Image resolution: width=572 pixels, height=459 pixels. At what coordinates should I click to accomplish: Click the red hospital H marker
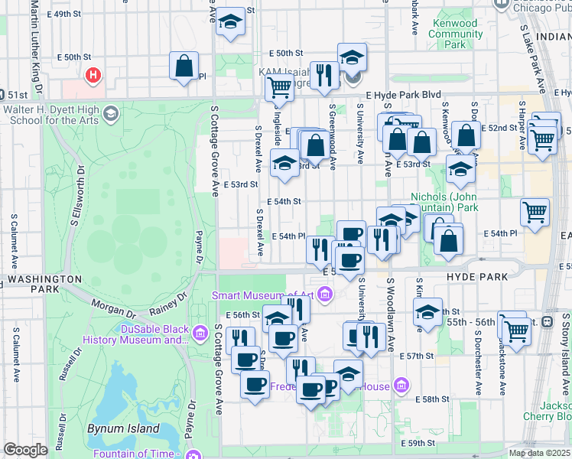pyautogui.click(x=93, y=76)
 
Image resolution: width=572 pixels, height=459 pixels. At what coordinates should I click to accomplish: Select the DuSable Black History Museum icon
pyautogui.click(x=200, y=333)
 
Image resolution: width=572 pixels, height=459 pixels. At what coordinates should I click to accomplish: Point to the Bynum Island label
pyautogui.click(x=122, y=429)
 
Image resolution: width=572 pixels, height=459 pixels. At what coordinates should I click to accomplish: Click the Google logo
pyautogui.click(x=24, y=450)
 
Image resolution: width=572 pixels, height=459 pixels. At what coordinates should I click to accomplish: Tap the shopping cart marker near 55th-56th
pyautogui.click(x=516, y=330)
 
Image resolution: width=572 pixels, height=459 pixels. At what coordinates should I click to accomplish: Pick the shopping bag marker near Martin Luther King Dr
pyautogui.click(x=184, y=67)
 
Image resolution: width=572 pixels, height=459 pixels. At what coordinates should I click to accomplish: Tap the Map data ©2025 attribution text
pyautogui.click(x=539, y=453)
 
